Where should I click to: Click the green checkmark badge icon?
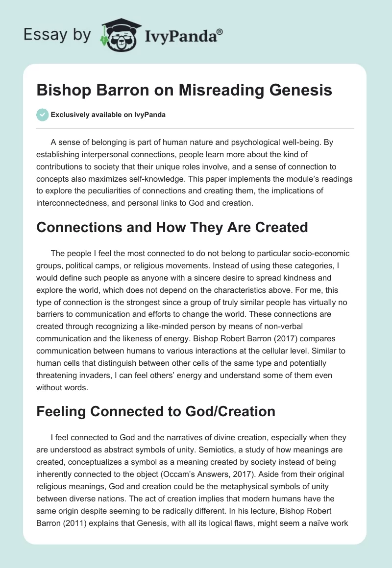[42, 115]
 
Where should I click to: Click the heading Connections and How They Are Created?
[172, 227]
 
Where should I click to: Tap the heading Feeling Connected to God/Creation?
[156, 411]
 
